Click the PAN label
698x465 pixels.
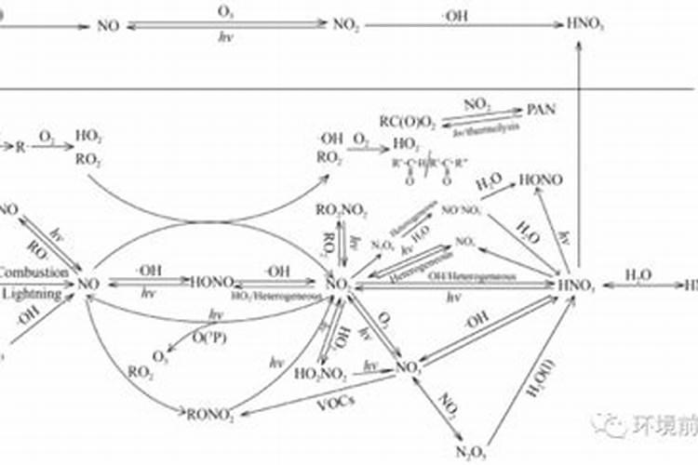tap(541, 109)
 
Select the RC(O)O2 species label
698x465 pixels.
tap(407, 119)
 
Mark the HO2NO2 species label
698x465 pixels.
tap(321, 374)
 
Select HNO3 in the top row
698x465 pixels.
tap(584, 26)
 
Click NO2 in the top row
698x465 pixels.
tap(345, 26)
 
